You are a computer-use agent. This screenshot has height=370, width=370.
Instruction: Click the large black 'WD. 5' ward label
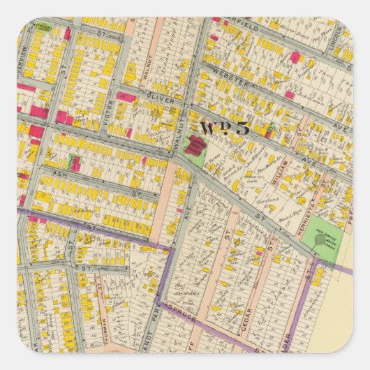pos(224,128)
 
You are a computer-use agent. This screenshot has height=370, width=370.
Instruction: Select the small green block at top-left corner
pos(44,27)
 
